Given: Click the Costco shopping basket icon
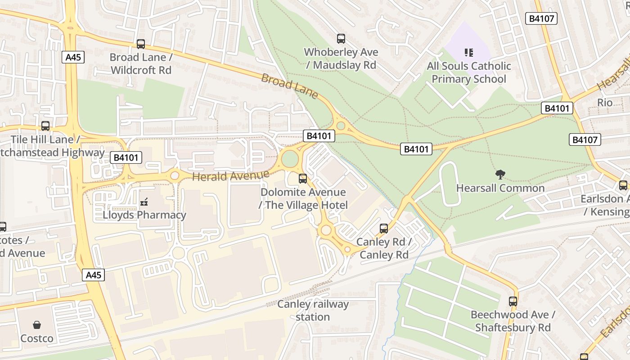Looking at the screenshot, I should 37,324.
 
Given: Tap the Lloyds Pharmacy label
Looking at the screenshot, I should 144,215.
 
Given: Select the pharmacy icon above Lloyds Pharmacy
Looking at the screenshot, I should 144,202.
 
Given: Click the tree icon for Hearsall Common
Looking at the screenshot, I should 500,175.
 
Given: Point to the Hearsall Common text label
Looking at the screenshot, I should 500,188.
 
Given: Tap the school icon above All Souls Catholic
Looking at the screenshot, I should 469,53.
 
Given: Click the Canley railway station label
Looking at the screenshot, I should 313,310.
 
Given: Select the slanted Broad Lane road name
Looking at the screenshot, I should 289,86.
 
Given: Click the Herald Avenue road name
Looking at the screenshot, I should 231,175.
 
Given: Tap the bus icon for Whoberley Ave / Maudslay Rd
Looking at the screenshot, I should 341,39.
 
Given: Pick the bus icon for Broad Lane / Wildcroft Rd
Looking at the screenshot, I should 141,44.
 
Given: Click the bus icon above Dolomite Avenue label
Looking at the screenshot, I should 303,179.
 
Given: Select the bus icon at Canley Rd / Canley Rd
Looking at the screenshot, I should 383,229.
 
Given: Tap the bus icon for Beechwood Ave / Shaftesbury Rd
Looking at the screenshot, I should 513,301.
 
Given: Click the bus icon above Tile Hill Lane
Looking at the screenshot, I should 45,126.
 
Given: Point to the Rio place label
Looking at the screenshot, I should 605,103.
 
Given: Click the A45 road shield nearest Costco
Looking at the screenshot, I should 93,275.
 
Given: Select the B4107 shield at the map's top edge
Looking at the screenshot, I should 541,18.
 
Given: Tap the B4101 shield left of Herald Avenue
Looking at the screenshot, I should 126,157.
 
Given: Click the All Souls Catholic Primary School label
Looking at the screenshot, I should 469,72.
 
